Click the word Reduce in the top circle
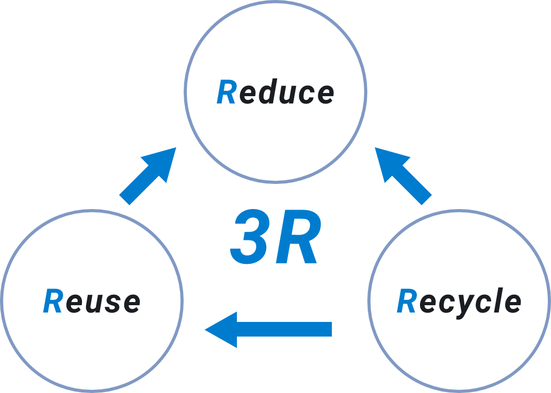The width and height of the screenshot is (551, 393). click(275, 93)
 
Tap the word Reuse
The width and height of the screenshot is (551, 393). click(92, 302)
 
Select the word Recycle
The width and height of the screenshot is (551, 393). click(459, 302)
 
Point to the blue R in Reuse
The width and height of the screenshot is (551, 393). click(53, 302)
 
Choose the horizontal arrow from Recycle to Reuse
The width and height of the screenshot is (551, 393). click(269, 329)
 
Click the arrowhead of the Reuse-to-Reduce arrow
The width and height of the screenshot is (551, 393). click(163, 161)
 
